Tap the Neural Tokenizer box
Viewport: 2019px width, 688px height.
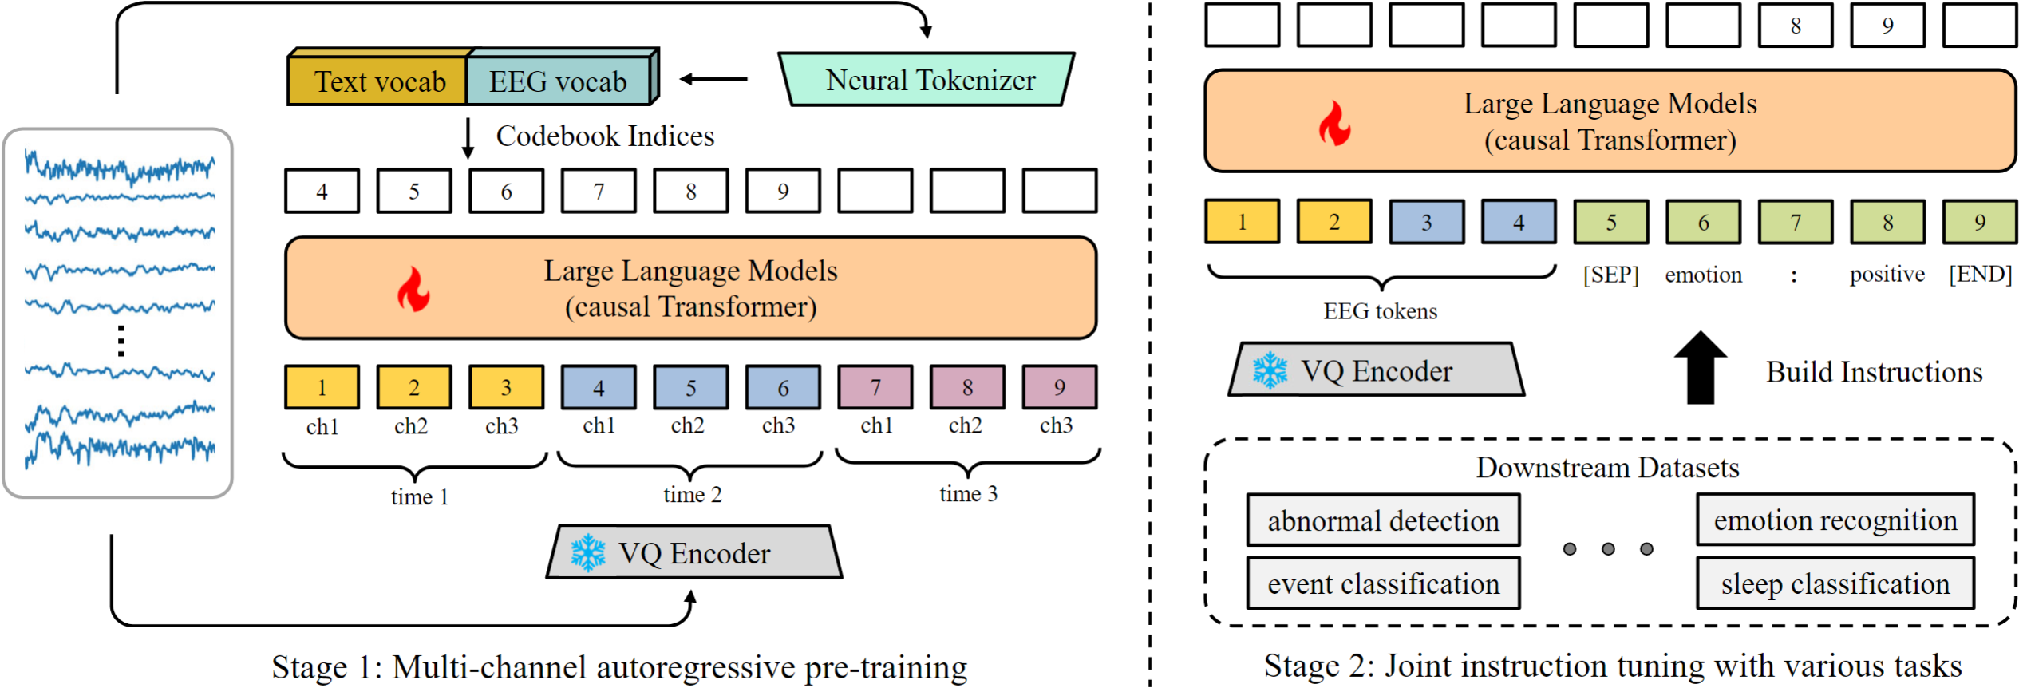point(927,79)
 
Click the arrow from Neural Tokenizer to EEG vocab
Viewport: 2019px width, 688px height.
point(713,79)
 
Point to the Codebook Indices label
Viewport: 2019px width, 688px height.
point(605,136)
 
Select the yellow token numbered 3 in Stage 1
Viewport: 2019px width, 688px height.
point(506,387)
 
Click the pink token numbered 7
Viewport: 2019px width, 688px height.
point(875,387)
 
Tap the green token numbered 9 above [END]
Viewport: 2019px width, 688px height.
point(1980,222)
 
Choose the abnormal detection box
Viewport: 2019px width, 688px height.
point(1383,520)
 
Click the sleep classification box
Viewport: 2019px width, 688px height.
point(1835,583)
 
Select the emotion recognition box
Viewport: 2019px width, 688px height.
point(1835,520)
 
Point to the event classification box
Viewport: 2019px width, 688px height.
point(1383,583)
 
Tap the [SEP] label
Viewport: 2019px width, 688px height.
point(1610,275)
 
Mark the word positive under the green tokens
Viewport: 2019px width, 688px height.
point(1887,275)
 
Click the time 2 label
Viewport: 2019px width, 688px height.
point(692,495)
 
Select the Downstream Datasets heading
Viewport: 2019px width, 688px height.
point(1607,468)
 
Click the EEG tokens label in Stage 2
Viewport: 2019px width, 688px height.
point(1380,311)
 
